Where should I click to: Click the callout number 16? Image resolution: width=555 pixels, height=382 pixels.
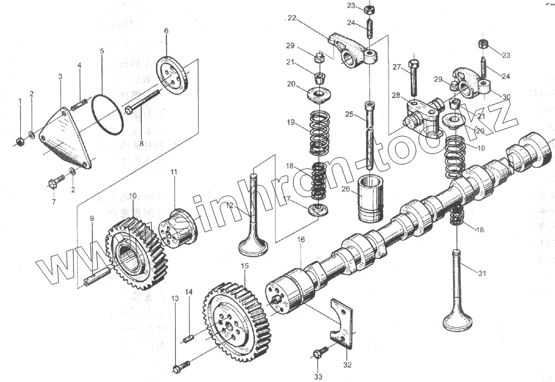(300, 240)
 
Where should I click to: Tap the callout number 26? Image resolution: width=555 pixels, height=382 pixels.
(345, 190)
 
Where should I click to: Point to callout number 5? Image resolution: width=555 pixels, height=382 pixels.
(102, 51)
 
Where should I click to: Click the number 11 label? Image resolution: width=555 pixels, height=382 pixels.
(174, 172)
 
